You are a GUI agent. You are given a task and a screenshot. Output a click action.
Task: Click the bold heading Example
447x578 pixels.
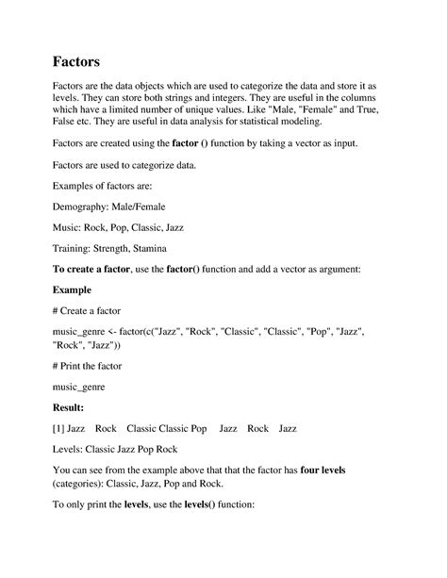coord(73,289)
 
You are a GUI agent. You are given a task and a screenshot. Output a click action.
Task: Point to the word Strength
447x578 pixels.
coord(112,248)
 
